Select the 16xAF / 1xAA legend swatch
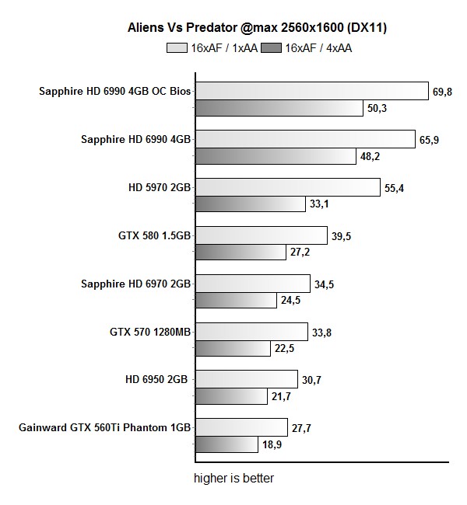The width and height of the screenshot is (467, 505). (x=177, y=48)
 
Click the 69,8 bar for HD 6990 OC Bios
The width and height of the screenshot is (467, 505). (x=311, y=91)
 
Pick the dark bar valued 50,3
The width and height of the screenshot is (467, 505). (x=278, y=108)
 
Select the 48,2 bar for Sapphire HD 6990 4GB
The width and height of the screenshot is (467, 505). (x=274, y=156)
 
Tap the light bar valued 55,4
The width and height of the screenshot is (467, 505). (x=287, y=187)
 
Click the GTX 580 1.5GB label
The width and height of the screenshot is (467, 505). (x=153, y=235)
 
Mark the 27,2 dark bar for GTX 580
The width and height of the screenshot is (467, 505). (x=240, y=252)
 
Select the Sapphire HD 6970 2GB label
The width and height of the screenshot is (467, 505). (x=136, y=284)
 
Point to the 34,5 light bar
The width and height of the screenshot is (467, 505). (x=252, y=284)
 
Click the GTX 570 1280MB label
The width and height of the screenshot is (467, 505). (x=151, y=332)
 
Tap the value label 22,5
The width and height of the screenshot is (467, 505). (x=283, y=349)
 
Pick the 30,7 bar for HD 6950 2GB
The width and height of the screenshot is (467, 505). (x=246, y=379)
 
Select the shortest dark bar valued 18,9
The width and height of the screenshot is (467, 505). (x=226, y=444)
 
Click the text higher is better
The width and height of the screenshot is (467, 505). (x=233, y=478)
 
